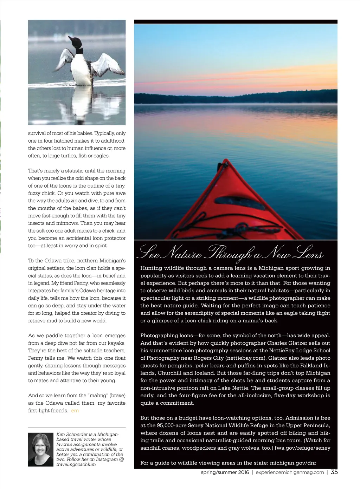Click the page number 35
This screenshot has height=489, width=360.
point(334,472)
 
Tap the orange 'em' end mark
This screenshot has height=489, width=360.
point(75,411)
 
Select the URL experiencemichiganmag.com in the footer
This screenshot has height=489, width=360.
point(290,472)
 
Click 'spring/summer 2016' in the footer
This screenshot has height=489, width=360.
point(225,472)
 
